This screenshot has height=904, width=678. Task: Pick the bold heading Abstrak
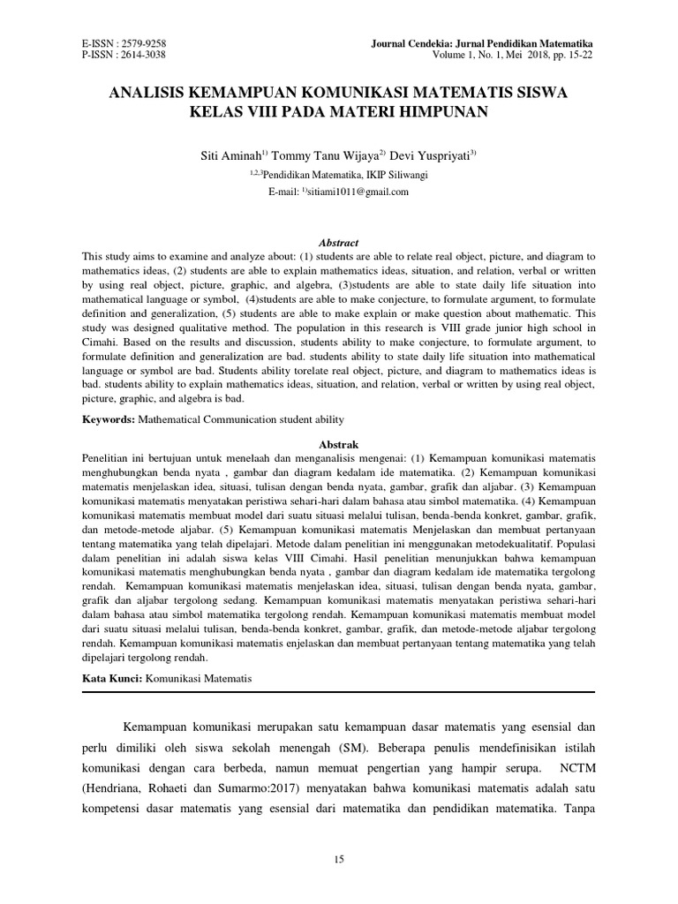click(339, 445)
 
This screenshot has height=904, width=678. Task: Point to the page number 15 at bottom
click(339, 859)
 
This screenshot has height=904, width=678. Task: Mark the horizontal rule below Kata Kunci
click(339, 691)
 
